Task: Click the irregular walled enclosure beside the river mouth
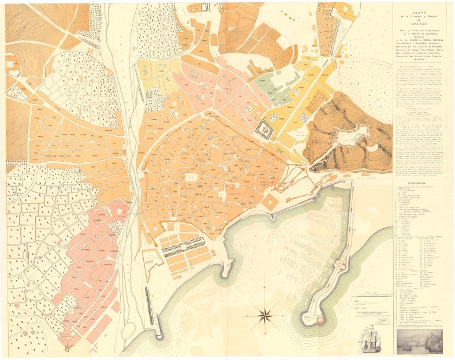pyautogui.click(x=150, y=254)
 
